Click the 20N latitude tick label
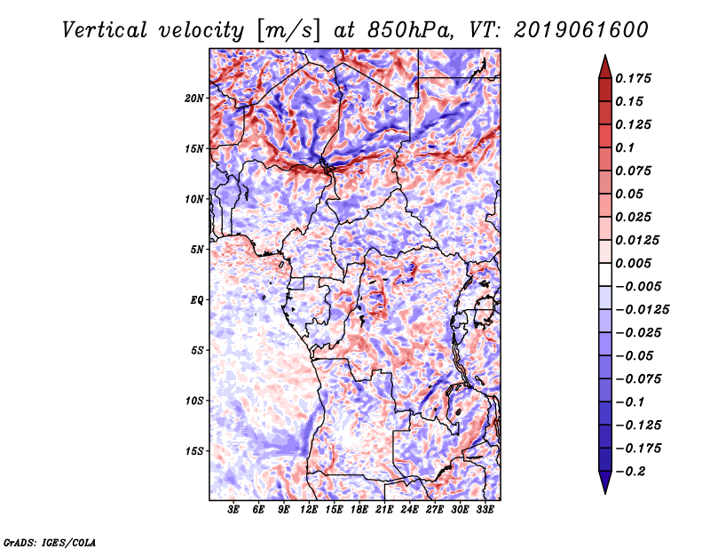point(194,98)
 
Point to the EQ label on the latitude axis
point(196,299)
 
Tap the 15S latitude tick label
point(194,450)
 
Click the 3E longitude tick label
point(233,511)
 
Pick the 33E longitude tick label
point(485,511)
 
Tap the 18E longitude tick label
point(359,511)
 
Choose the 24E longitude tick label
point(409,511)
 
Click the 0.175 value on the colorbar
point(635,78)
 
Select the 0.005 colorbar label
point(635,263)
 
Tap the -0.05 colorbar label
point(638,355)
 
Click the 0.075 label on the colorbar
point(635,171)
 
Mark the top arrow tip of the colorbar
point(604,57)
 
